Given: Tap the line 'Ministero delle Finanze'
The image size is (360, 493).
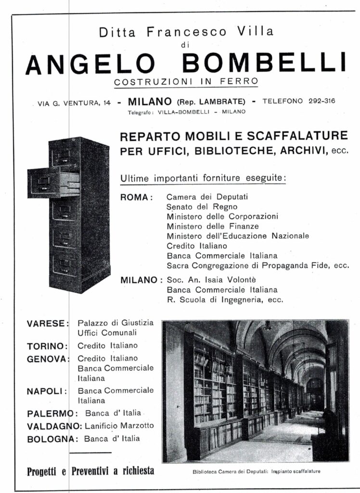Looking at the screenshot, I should click(213, 226).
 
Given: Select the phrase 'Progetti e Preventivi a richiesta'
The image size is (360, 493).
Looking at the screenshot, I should click(90, 470).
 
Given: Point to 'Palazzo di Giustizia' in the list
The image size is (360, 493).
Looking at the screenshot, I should click(116, 323).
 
